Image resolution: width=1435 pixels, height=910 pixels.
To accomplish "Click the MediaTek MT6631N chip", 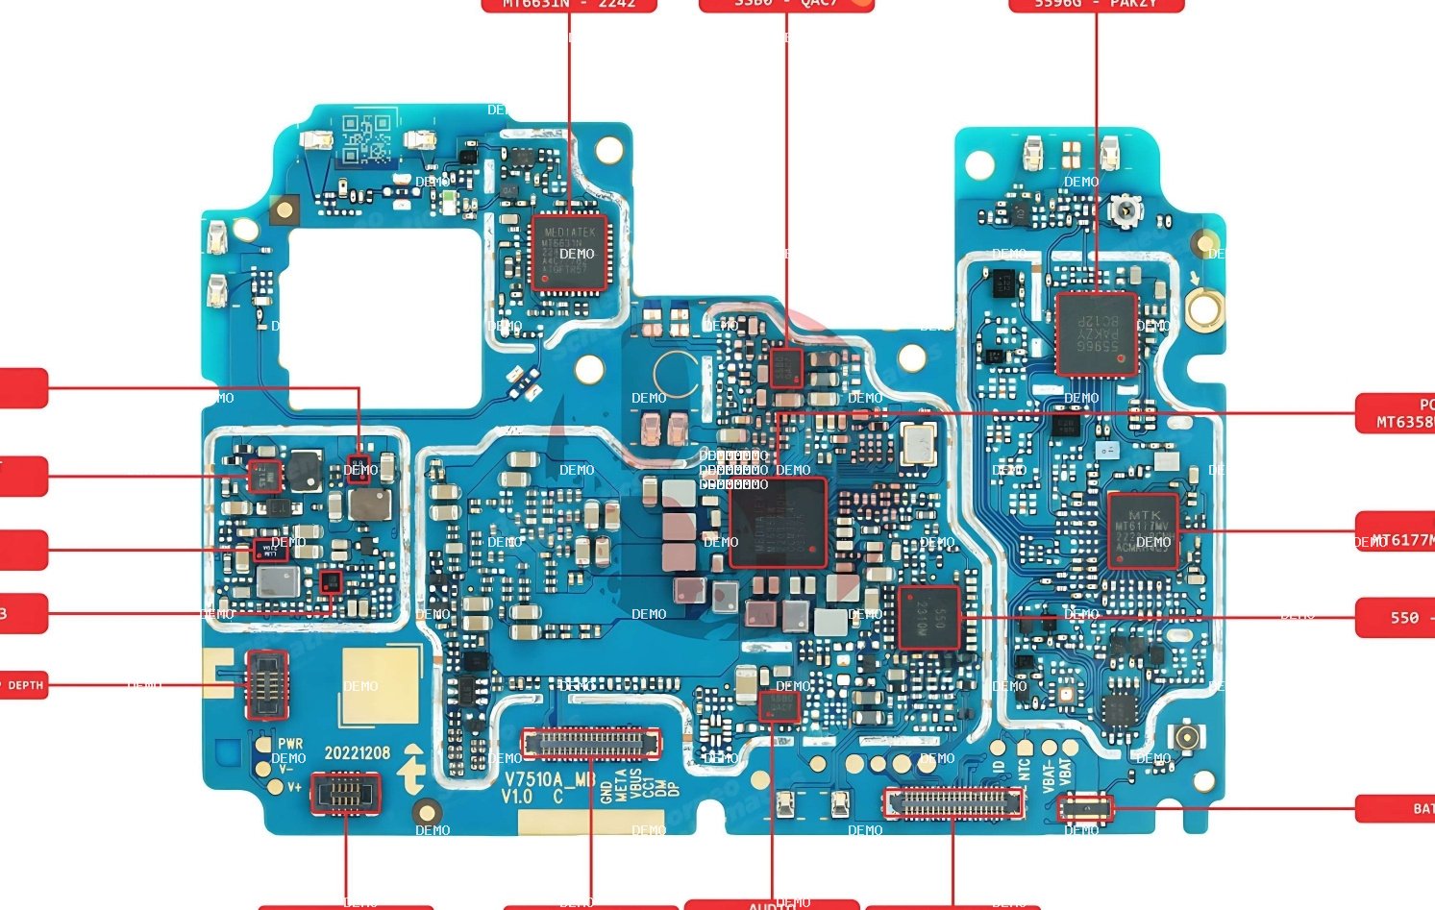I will (x=569, y=253).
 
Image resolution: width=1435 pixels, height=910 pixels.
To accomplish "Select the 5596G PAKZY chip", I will (x=1096, y=333).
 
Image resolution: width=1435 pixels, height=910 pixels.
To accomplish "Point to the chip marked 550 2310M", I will (x=928, y=618).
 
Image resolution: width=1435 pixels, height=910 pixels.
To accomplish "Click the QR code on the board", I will (x=366, y=138).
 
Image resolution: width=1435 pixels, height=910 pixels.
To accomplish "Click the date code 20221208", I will (x=357, y=752).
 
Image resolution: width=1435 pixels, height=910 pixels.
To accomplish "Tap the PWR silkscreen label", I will (x=290, y=744).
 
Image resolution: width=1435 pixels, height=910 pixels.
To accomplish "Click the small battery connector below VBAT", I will (x=1085, y=808).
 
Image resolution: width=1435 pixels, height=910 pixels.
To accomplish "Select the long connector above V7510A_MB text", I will (x=590, y=743).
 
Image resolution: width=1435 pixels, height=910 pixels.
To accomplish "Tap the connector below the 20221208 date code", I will (x=345, y=794).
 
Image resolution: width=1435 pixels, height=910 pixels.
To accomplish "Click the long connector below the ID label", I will (x=953, y=802).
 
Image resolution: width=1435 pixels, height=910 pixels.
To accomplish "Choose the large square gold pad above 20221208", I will (x=381, y=685).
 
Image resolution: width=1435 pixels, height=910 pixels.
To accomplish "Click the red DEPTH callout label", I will (x=23, y=685).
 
